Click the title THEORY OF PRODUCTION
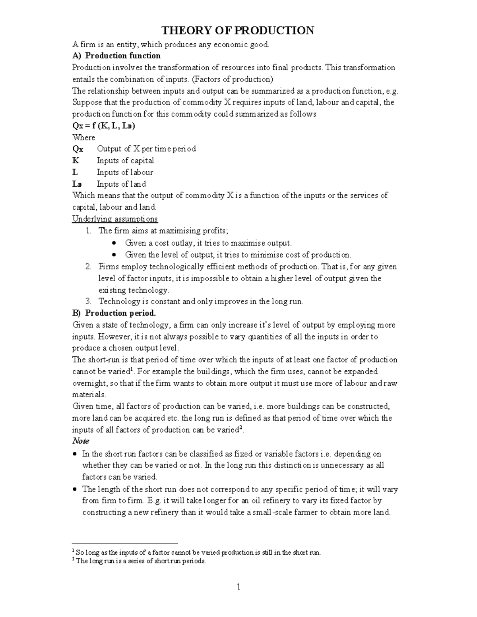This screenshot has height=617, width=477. (237, 31)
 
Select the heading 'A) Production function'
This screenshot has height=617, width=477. (116, 56)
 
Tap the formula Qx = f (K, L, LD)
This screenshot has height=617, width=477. (103, 126)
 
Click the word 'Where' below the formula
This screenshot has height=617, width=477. (83, 137)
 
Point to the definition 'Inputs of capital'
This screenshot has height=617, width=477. (125, 161)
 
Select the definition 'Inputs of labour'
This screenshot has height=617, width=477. (125, 172)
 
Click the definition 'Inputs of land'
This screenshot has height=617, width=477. (121, 184)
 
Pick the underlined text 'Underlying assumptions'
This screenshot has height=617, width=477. (114, 219)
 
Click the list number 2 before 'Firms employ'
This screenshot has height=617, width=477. (89, 267)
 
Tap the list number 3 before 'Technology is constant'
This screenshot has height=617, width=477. (89, 302)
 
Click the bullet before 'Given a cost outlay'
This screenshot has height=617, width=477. (114, 243)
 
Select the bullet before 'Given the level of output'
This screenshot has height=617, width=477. (114, 255)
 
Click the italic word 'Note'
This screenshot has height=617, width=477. (80, 441)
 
